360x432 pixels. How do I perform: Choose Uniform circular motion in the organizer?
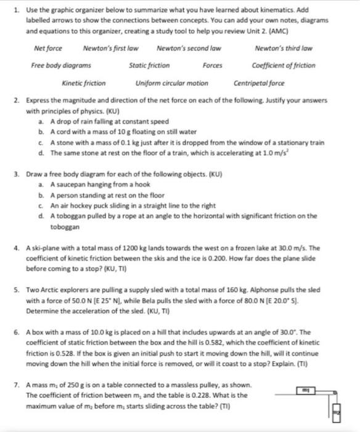coord(171,83)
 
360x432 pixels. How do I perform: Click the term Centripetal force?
coord(259,83)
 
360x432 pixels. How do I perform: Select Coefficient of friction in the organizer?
coord(284,65)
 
